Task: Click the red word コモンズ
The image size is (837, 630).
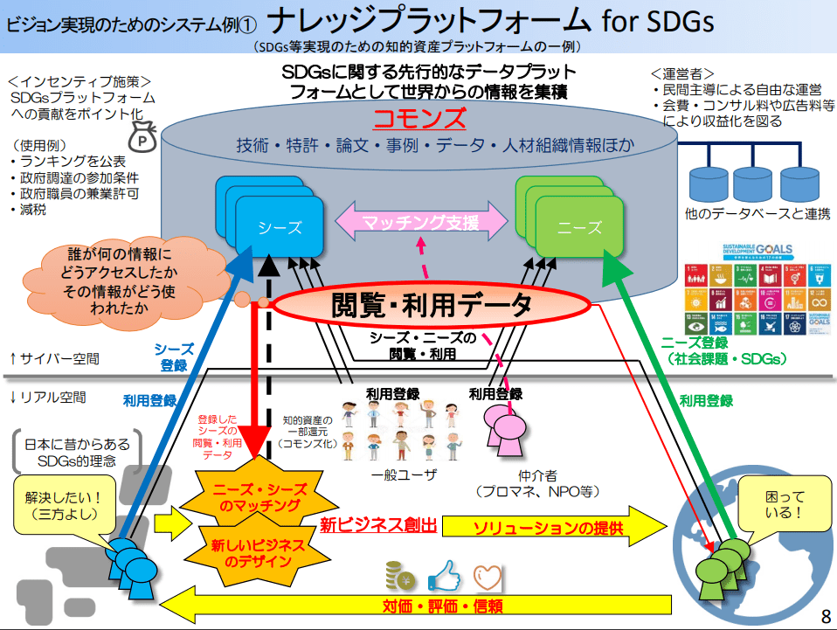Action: (x=420, y=119)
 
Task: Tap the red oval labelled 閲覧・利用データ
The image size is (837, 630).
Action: (x=432, y=305)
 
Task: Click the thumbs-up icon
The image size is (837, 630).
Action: (x=445, y=576)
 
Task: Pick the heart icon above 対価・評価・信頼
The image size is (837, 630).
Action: (x=489, y=576)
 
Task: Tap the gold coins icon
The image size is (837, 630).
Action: (x=402, y=576)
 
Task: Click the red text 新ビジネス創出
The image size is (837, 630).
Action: (x=377, y=526)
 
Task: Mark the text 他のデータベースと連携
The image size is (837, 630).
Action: (x=757, y=213)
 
